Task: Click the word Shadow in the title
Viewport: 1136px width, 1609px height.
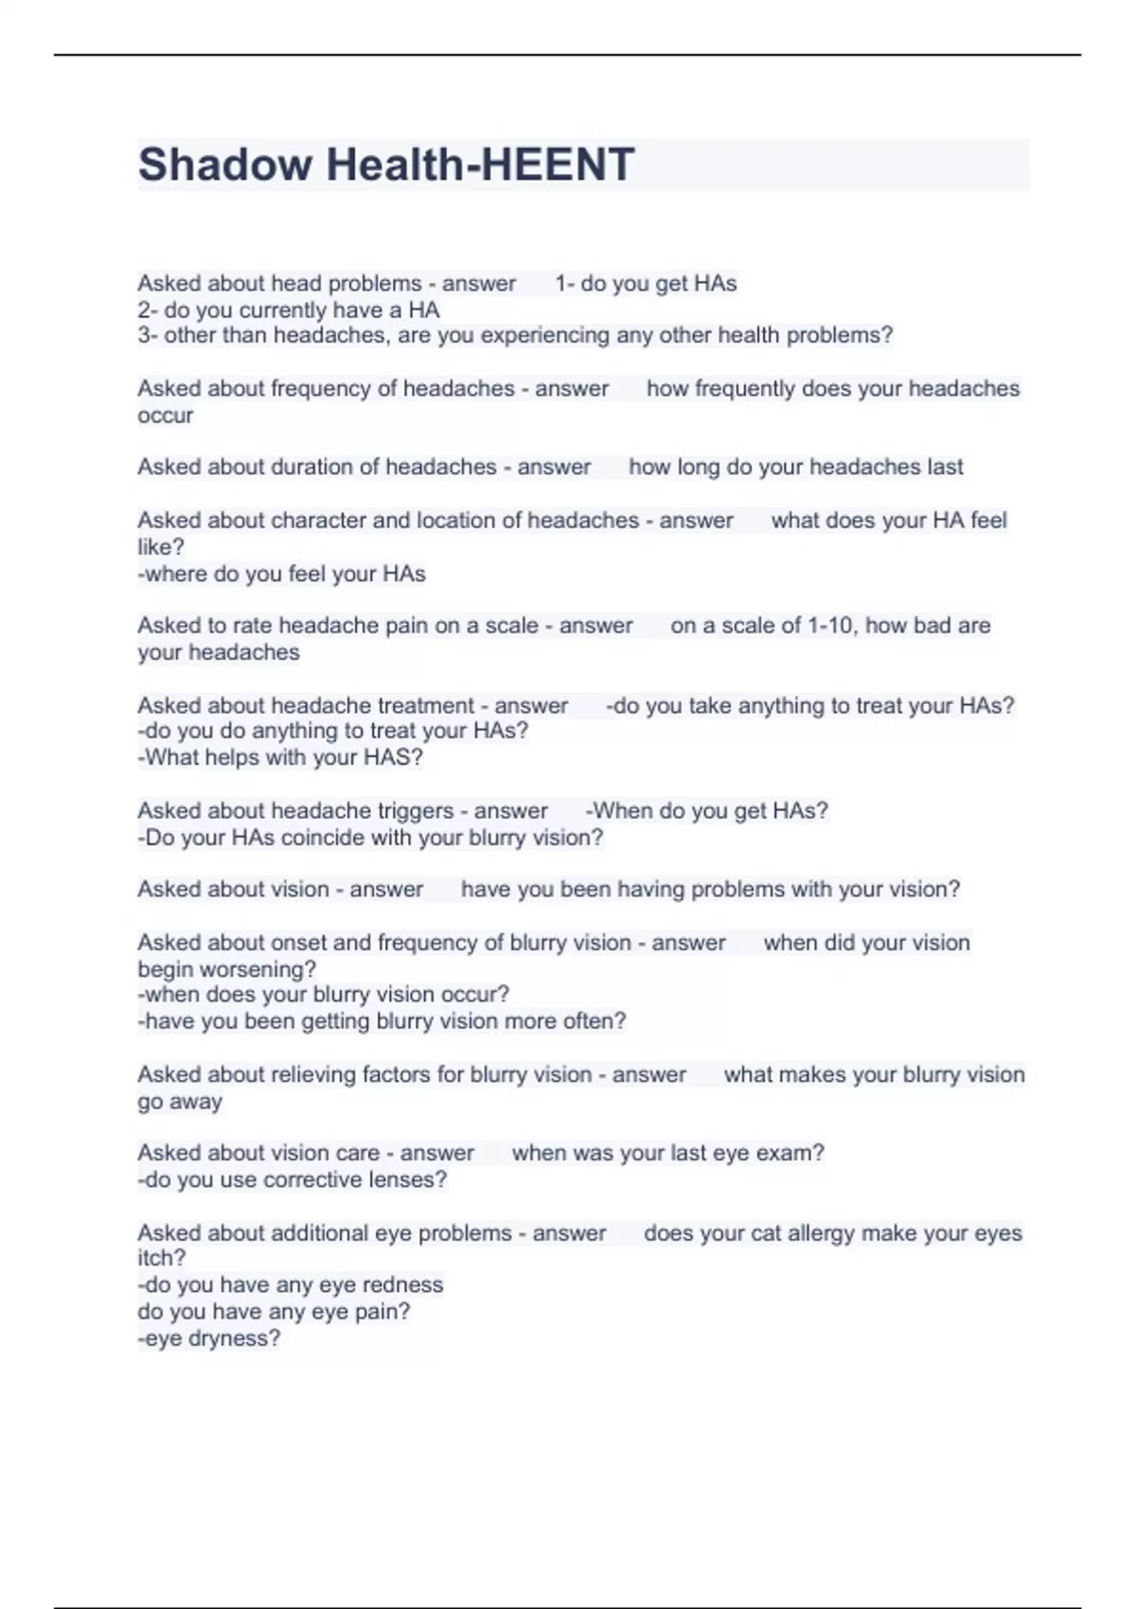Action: click(224, 165)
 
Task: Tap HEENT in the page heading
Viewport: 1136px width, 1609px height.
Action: click(558, 165)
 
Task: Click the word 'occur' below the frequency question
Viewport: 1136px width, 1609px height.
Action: click(165, 416)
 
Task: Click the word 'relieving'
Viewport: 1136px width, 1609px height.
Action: click(320, 1075)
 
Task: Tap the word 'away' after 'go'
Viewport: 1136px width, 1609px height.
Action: click(196, 1102)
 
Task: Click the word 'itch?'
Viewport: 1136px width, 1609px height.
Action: click(162, 1259)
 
